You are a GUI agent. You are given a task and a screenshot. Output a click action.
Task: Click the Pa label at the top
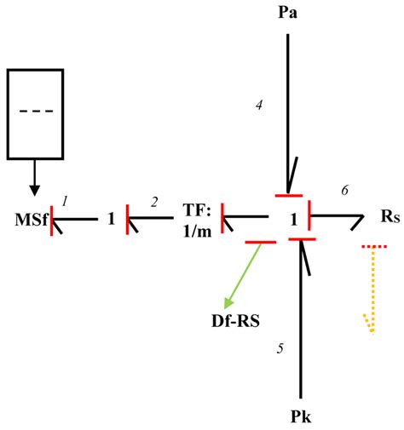click(288, 14)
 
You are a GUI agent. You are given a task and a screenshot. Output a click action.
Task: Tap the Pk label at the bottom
click(299, 417)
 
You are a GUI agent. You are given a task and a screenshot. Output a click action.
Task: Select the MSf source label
click(30, 220)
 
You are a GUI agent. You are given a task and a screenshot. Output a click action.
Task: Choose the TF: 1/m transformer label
click(195, 220)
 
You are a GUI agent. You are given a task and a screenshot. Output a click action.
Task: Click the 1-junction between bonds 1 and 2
click(111, 219)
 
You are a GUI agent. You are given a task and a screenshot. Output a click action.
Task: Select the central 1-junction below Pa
click(292, 219)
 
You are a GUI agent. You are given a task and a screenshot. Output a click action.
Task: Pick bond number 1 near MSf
click(64, 199)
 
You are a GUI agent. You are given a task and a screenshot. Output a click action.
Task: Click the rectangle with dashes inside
click(35, 113)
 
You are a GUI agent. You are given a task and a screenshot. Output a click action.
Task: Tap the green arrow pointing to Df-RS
click(241, 276)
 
